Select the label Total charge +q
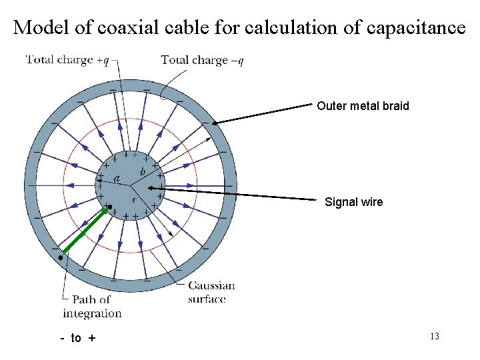coord(67,60)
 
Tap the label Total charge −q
coord(202,60)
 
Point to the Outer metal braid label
coord(363,106)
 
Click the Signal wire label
coord(353,202)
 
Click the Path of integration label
coord(92,307)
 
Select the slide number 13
coord(434,337)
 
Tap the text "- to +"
coord(78,338)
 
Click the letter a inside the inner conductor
coord(117,178)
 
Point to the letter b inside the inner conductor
coord(143,172)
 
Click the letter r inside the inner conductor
coord(134,199)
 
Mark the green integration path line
coord(83,232)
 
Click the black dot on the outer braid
coord(61,256)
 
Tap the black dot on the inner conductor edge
coord(109,207)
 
